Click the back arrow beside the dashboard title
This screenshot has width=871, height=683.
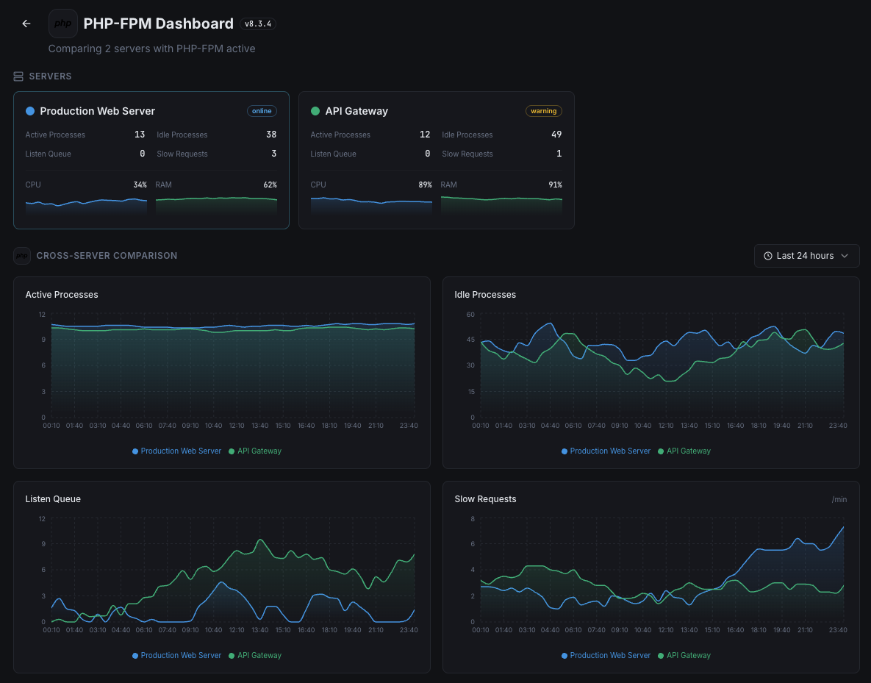[x=26, y=24]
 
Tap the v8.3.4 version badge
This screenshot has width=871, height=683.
[x=258, y=24]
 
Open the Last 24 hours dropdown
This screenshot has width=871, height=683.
[x=806, y=256]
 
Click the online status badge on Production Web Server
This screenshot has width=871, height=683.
[x=262, y=111]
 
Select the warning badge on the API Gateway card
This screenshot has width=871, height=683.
[x=544, y=111]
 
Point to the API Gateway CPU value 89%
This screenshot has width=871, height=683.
[x=425, y=185]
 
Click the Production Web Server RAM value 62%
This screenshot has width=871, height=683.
[x=270, y=185]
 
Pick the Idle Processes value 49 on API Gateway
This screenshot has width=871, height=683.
[x=556, y=135]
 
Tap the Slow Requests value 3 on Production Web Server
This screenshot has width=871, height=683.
[x=274, y=154]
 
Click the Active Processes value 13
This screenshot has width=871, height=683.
[x=140, y=135]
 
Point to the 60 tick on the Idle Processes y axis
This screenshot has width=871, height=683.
[x=470, y=315]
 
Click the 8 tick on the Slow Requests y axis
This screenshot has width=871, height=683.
[x=473, y=519]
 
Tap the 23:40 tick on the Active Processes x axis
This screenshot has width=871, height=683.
[x=409, y=426]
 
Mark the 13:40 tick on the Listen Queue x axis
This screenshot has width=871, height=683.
[x=260, y=630]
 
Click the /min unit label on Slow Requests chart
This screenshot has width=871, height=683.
[x=839, y=499]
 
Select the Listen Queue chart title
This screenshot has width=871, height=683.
[x=53, y=499]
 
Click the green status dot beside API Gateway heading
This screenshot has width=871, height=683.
[x=315, y=111]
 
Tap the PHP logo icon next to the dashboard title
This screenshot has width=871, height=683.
[x=63, y=24]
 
